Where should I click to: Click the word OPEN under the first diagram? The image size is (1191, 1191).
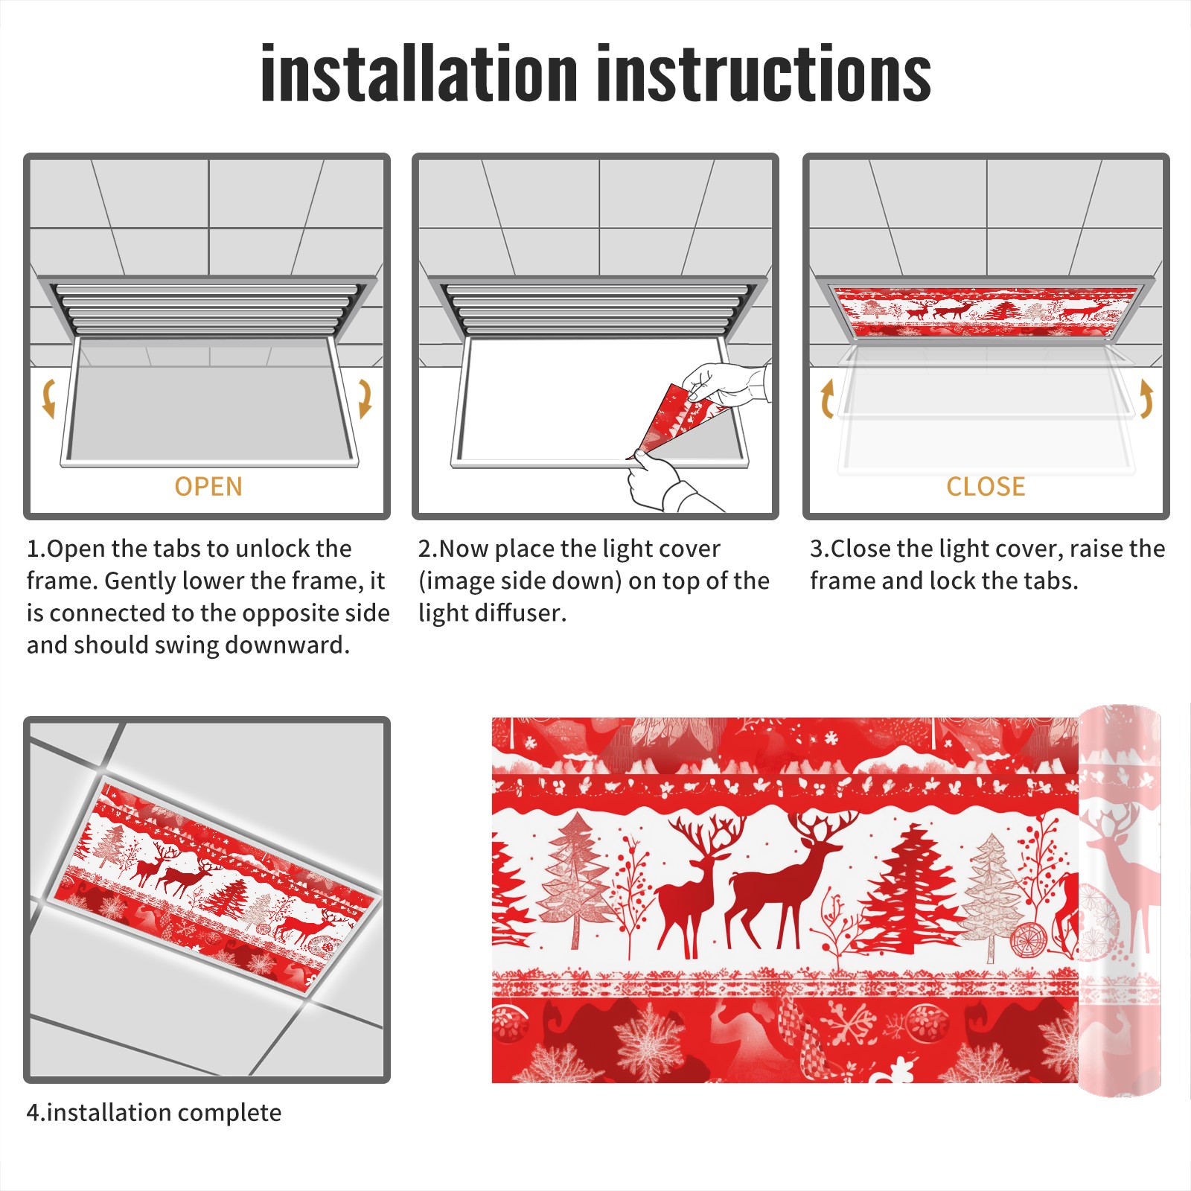coord(208,487)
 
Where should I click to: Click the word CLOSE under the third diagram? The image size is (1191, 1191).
coord(986,487)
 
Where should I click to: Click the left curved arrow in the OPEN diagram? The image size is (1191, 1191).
coord(48,398)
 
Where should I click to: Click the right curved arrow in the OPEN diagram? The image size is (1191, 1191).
coord(365,398)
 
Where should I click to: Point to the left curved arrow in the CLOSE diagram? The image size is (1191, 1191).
coord(827,398)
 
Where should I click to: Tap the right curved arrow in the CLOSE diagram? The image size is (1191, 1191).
coord(1146,398)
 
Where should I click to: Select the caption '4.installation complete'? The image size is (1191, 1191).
coord(154,1113)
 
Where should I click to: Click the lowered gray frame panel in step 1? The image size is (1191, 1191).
coord(209,402)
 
